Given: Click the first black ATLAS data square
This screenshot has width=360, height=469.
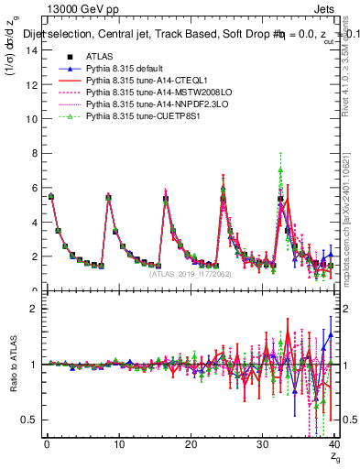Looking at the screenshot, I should (x=51, y=197).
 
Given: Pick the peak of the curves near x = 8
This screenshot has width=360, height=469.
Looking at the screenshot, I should (x=108, y=197).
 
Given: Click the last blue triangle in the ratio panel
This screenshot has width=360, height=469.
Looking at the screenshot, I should (x=331, y=335).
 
